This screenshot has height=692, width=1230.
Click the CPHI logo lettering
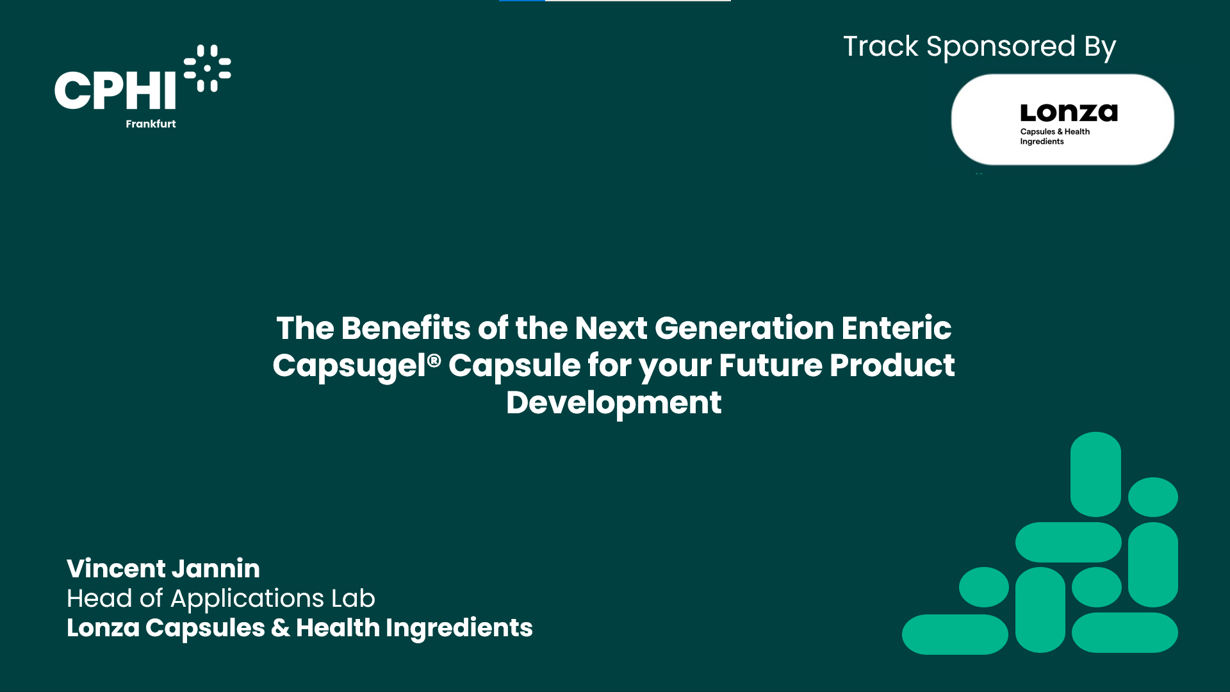(x=115, y=90)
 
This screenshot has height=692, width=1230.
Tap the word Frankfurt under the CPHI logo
(x=151, y=124)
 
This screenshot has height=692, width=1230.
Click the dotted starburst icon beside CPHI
(x=207, y=68)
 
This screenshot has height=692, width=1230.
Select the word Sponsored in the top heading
(x=1001, y=47)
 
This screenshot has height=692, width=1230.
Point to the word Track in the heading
(x=881, y=47)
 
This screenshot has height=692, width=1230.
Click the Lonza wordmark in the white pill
(x=1069, y=113)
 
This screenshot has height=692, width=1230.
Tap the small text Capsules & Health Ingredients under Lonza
(x=1054, y=136)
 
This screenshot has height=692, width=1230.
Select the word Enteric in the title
(x=896, y=328)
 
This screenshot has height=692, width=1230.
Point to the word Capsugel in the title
(x=349, y=367)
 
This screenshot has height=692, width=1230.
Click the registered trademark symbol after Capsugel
(x=434, y=361)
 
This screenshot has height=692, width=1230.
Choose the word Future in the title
(x=771, y=365)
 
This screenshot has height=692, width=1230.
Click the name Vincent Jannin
(x=163, y=568)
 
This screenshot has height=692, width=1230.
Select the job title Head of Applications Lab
(x=221, y=598)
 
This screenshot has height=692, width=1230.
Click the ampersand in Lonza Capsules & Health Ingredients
(x=280, y=629)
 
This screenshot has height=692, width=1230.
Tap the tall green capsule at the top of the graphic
(x=1095, y=474)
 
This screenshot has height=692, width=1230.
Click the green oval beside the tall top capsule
(x=1153, y=497)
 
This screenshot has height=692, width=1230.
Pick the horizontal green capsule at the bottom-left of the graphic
(x=955, y=634)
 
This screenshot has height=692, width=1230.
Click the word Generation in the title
(x=744, y=328)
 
